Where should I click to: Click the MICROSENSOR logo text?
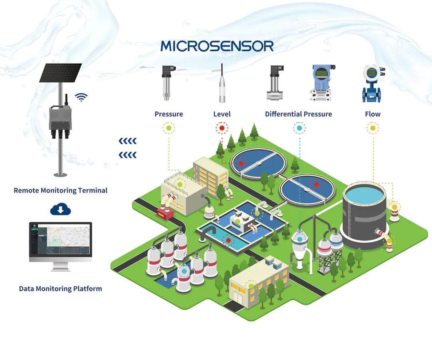(x=217, y=46)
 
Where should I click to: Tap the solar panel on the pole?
(x=60, y=73)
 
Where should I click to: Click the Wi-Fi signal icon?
(x=82, y=97)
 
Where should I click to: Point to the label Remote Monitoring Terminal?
(x=60, y=190)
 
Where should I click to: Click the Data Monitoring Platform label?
(x=60, y=288)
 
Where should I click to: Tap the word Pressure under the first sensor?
(x=168, y=114)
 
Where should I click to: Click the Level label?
(x=222, y=114)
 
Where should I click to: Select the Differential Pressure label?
(x=298, y=114)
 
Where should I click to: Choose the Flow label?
(x=372, y=114)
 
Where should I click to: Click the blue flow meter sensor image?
(x=372, y=84)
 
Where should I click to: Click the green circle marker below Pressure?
(x=168, y=128)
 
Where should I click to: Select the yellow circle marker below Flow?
(x=373, y=128)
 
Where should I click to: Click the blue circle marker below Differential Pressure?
(x=299, y=128)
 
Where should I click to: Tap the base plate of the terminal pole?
(x=60, y=174)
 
